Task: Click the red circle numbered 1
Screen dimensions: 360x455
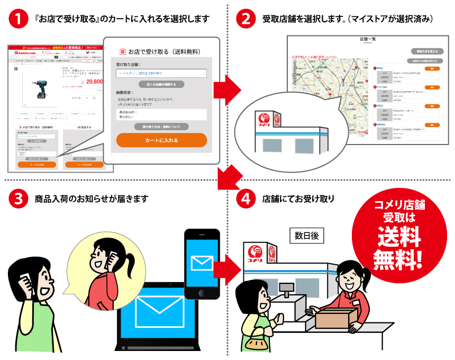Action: coord(18,20)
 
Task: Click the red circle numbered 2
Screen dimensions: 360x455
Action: coord(245,20)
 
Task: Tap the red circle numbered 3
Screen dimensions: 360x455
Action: coord(18,199)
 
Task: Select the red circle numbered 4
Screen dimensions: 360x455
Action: coord(245,199)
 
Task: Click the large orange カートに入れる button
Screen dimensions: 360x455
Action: coord(161,140)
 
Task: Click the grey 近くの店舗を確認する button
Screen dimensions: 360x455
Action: coord(161,84)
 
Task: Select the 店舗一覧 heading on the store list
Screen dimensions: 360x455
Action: coord(367,39)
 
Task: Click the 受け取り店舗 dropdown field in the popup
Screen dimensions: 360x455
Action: coord(161,73)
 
